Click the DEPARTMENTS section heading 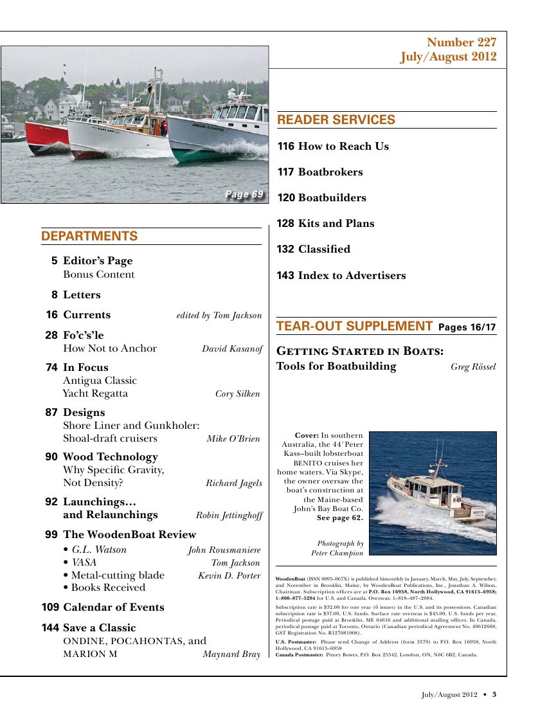tap(89, 237)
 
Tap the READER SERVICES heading tap(336, 120)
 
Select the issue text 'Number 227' tap(462, 43)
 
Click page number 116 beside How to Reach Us tap(286, 147)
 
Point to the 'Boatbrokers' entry tap(330, 172)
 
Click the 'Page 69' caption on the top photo tap(244, 194)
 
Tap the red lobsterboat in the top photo tap(46, 137)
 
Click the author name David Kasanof tap(232, 349)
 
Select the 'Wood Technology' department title tap(110, 457)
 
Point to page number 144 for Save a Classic tap(51, 628)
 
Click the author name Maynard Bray tap(231, 655)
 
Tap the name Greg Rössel tap(473, 367)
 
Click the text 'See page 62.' tap(339, 517)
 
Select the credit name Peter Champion tap(337, 553)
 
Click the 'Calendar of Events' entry tap(113, 607)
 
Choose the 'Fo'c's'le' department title tap(83, 336)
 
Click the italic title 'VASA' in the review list tap(84, 562)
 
